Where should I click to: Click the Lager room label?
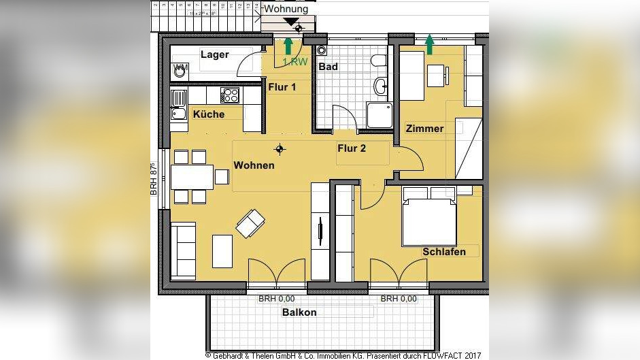214,54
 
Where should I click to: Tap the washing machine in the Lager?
180,70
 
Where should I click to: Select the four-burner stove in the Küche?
231,95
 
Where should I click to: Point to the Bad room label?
328,67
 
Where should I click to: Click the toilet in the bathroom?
379,61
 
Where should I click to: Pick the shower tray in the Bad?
379,114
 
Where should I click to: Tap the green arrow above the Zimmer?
429,45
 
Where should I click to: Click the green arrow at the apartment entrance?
288,46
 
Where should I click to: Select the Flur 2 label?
352,148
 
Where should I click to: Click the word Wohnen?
254,165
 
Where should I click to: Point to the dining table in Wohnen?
192,177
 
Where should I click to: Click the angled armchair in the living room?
250,222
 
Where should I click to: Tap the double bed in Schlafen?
429,219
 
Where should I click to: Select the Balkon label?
299,312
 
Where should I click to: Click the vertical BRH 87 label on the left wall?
154,179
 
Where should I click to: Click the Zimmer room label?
424,129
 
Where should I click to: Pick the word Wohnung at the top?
286,9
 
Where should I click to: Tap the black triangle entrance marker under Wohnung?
292,22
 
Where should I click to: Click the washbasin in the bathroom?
382,86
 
